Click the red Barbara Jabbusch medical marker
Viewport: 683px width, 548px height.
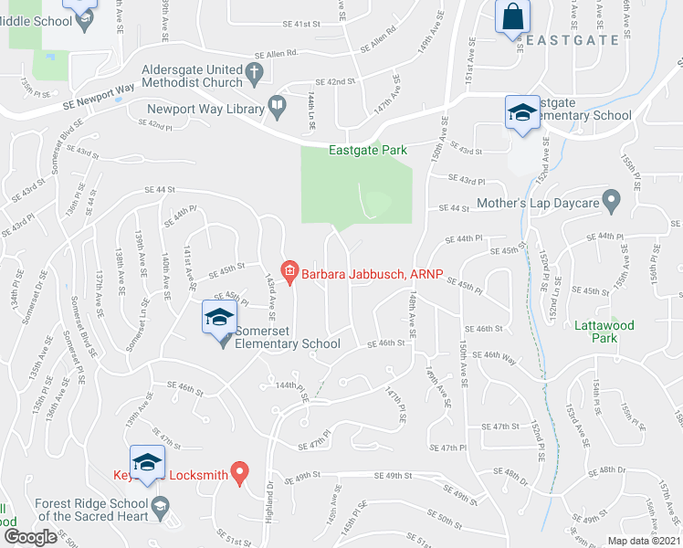[x=290, y=269]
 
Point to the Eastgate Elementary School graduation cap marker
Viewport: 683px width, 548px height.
[x=522, y=113]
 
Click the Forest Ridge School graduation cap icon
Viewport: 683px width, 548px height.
[x=161, y=507]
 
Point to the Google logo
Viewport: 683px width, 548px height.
[x=31, y=536]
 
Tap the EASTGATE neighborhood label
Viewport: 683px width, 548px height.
[x=572, y=41]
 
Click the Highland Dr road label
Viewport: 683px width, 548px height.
[x=270, y=497]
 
